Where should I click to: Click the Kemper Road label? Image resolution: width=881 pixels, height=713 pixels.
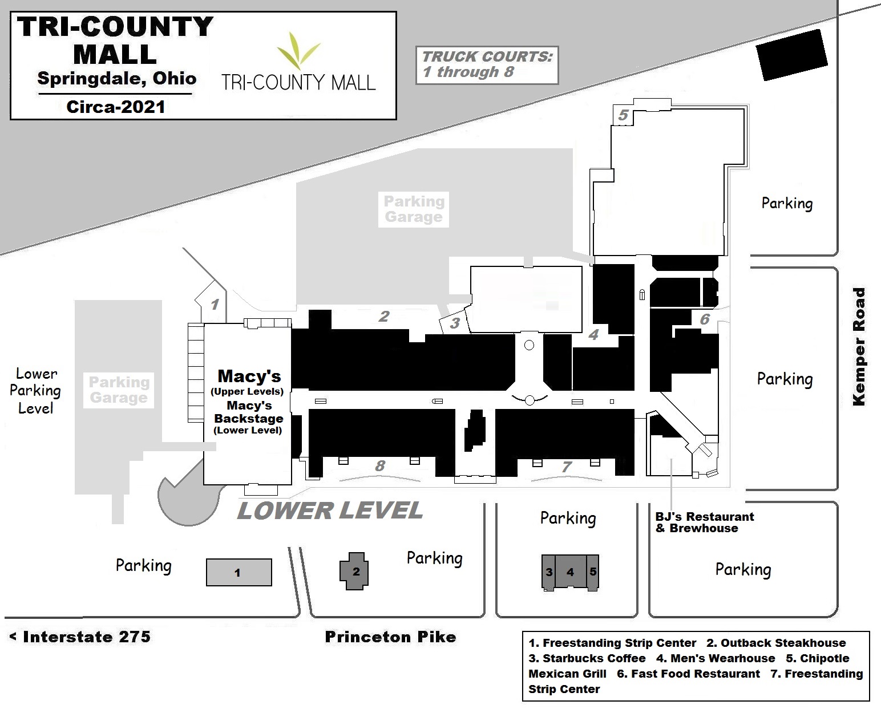[859, 346]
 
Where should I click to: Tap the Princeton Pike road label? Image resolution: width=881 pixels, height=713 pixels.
[390, 637]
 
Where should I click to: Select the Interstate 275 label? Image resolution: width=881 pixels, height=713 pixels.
[80, 637]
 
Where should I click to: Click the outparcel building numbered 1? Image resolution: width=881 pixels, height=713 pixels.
[239, 572]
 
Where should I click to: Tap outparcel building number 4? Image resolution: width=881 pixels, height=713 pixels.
[570, 572]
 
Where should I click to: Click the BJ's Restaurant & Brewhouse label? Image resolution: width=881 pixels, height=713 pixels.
[704, 522]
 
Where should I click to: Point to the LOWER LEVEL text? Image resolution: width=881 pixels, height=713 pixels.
[330, 511]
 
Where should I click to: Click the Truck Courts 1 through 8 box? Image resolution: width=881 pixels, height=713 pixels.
[487, 64]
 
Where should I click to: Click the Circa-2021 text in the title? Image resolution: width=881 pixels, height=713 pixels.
[115, 107]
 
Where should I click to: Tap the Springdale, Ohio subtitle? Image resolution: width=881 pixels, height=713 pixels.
[116, 78]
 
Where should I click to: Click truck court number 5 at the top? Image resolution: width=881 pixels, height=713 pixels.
[623, 115]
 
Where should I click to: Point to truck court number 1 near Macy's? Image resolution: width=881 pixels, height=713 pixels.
[215, 304]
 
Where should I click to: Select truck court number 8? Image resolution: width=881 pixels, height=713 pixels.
[380, 466]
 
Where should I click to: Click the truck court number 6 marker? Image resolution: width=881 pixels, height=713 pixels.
[705, 319]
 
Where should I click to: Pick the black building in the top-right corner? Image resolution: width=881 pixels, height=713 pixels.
[791, 55]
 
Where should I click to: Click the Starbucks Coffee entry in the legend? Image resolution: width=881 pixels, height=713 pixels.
[587, 658]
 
